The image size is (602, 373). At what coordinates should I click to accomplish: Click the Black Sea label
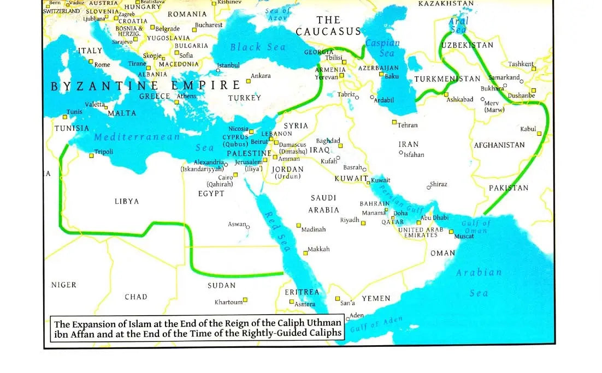pos(258,47)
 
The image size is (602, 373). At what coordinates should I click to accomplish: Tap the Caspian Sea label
pos(382,48)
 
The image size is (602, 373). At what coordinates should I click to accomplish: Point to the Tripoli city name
pos(104,152)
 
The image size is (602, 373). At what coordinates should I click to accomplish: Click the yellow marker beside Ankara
pos(248,81)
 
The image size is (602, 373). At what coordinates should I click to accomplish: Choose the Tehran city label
pos(408,125)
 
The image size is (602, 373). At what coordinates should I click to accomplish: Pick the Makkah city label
pos(318,249)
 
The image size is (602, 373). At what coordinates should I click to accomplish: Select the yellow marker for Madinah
pos(298,225)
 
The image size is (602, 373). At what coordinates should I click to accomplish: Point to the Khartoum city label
pos(228,302)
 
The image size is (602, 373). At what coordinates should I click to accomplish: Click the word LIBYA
pos(127,201)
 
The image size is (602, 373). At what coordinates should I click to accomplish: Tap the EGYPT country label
pos(211,194)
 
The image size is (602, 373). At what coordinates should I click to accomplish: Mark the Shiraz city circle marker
pos(428,185)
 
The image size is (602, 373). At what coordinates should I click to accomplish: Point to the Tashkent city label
pos(521,64)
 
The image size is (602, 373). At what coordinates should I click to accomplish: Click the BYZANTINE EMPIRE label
pos(145,86)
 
